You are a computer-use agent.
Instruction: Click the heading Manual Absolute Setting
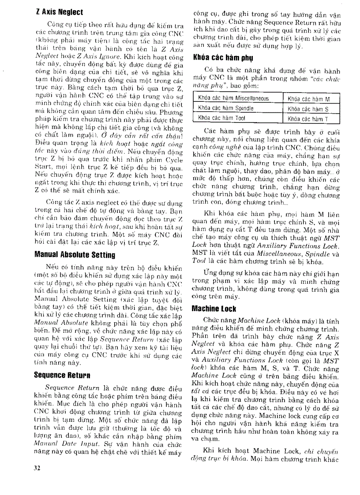pyautogui.click(x=75, y=254)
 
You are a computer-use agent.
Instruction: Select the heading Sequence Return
pyautogui.click(x=62, y=375)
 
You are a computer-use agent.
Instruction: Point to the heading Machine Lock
pyautogui.click(x=214, y=309)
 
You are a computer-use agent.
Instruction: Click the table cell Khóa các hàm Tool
pyautogui.click(x=216, y=118)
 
